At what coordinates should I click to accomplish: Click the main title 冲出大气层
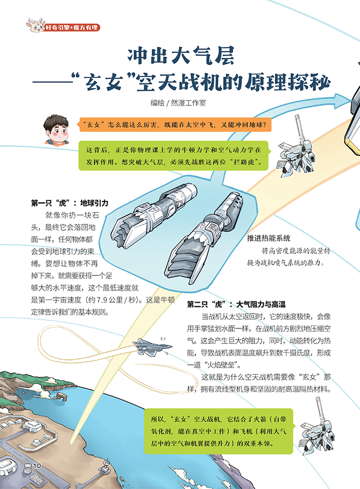click(181, 56)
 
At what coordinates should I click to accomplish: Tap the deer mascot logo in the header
click(35, 26)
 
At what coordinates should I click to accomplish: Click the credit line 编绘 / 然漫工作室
click(178, 103)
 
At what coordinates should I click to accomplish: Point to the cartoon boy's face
click(57, 130)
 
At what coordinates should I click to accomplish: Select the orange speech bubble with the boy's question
click(174, 125)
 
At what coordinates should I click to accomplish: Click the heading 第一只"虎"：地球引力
click(69, 203)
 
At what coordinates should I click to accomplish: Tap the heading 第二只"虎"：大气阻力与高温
click(236, 304)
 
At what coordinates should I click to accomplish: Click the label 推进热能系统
click(268, 238)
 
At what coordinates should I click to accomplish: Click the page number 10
click(37, 466)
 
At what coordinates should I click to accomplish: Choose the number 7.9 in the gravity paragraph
click(102, 300)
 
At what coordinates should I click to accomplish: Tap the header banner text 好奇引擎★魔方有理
click(71, 27)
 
